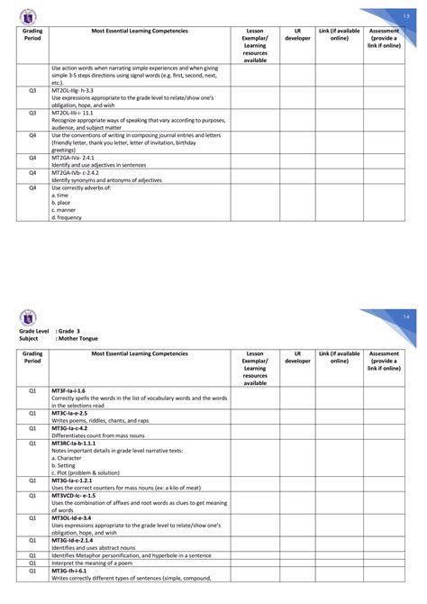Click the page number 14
click(406, 318)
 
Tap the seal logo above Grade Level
click(26, 316)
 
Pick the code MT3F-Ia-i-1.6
click(68, 390)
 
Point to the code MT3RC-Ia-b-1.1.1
click(74, 443)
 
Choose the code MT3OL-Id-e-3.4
click(71, 517)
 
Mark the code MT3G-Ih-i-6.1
click(68, 570)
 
